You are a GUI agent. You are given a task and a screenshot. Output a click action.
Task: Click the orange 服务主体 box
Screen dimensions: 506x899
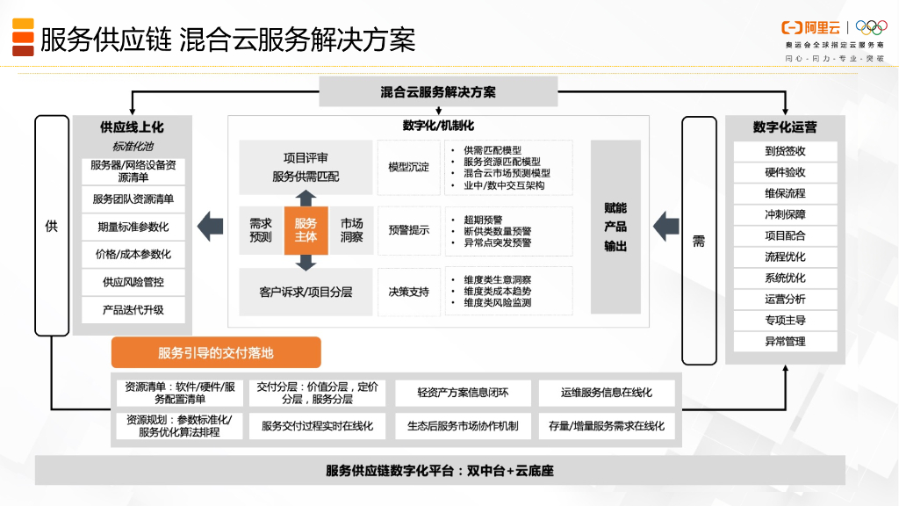(x=306, y=230)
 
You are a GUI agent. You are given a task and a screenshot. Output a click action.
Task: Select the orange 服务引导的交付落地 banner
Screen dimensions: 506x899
(x=216, y=353)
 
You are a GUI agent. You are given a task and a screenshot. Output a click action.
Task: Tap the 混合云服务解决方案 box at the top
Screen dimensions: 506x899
(x=438, y=91)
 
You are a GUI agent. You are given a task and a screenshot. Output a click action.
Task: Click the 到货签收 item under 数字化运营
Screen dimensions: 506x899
(x=785, y=151)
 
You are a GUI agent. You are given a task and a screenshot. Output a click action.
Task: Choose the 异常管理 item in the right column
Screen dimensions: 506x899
(x=785, y=342)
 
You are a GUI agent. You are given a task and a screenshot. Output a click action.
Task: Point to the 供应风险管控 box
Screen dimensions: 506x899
(x=133, y=283)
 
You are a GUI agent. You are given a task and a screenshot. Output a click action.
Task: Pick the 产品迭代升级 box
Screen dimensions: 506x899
(x=133, y=310)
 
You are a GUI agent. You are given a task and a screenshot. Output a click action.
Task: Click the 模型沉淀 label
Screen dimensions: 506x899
(x=409, y=167)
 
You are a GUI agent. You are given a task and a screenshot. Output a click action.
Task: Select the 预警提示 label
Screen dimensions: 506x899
(x=409, y=230)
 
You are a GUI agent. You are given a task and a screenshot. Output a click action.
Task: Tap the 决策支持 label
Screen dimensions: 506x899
(x=409, y=292)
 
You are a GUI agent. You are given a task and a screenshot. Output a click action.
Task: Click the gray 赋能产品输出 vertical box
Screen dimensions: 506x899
(x=615, y=228)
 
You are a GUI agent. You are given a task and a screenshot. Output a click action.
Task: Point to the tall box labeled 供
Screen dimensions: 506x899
(x=52, y=226)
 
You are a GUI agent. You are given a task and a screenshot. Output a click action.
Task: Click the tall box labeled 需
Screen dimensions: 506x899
(x=699, y=240)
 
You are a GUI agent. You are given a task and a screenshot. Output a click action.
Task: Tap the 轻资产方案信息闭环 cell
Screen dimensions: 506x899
(x=463, y=393)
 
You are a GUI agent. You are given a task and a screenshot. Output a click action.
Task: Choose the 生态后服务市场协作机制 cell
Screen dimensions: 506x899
(x=463, y=426)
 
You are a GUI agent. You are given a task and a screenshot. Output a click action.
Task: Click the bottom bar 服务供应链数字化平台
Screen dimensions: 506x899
(x=440, y=471)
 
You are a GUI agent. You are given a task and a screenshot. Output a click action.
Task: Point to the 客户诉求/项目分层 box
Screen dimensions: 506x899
(x=306, y=292)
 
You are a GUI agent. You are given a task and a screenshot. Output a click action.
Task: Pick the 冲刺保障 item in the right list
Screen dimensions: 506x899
(x=785, y=214)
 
